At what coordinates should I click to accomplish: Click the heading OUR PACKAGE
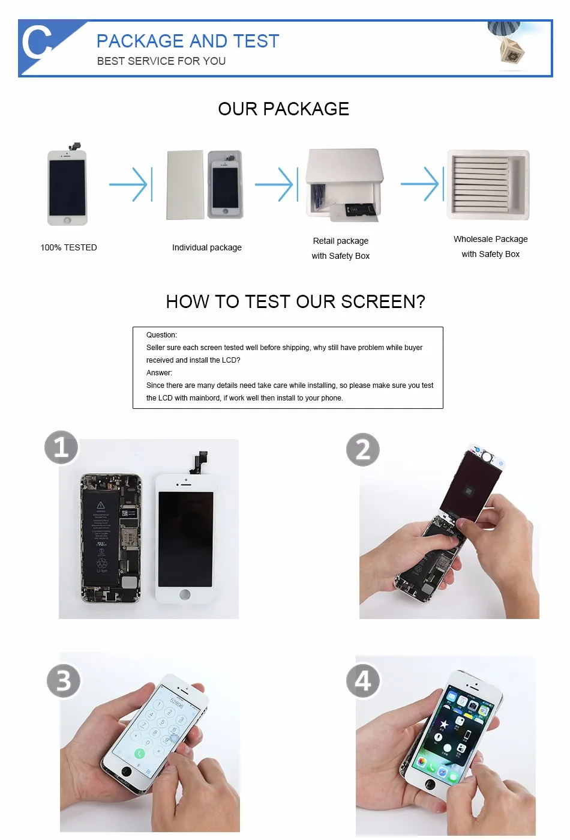(283, 109)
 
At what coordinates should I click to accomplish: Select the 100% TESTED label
(68, 247)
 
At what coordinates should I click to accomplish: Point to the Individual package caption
(206, 247)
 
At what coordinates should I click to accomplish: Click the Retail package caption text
(340, 241)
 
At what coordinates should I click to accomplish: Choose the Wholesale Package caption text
(490, 239)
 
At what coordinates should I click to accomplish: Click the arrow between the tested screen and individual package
(131, 184)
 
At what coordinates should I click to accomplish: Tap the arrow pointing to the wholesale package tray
(423, 183)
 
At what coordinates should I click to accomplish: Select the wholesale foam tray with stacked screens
(488, 184)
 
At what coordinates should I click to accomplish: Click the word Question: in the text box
(161, 335)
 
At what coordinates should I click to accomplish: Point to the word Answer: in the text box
(159, 373)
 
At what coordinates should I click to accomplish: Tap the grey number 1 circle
(61, 447)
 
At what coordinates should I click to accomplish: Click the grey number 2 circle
(363, 450)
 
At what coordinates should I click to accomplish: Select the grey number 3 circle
(64, 681)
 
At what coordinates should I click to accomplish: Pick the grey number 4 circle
(363, 681)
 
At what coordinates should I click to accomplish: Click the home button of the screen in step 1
(185, 594)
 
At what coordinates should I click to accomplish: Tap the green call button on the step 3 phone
(140, 754)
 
